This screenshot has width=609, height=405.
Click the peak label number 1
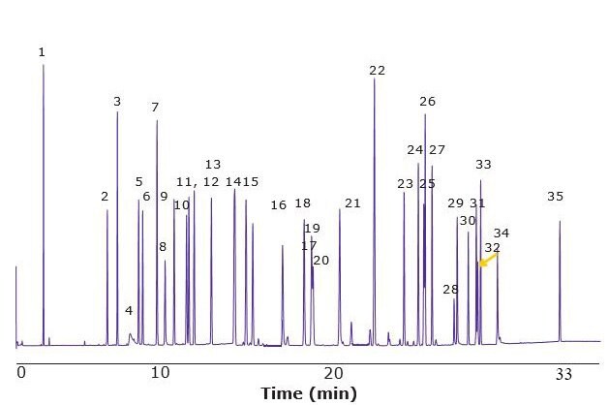click(42, 51)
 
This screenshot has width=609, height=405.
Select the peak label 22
click(378, 70)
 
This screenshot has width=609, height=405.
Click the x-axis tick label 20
click(334, 372)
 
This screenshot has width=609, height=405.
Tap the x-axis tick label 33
click(563, 372)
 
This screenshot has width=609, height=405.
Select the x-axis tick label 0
click(19, 372)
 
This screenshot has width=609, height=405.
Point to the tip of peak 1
click(43, 65)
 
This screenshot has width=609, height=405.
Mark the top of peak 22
click(375, 78)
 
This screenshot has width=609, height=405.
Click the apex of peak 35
click(560, 221)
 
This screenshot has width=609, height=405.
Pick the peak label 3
click(117, 101)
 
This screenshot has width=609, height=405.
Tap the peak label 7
click(155, 107)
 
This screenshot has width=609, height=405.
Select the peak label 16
click(279, 204)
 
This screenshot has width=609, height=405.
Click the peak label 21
click(352, 202)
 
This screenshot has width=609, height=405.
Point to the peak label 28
click(450, 289)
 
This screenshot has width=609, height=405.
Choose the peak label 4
click(129, 310)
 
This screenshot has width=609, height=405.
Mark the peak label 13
click(213, 164)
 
